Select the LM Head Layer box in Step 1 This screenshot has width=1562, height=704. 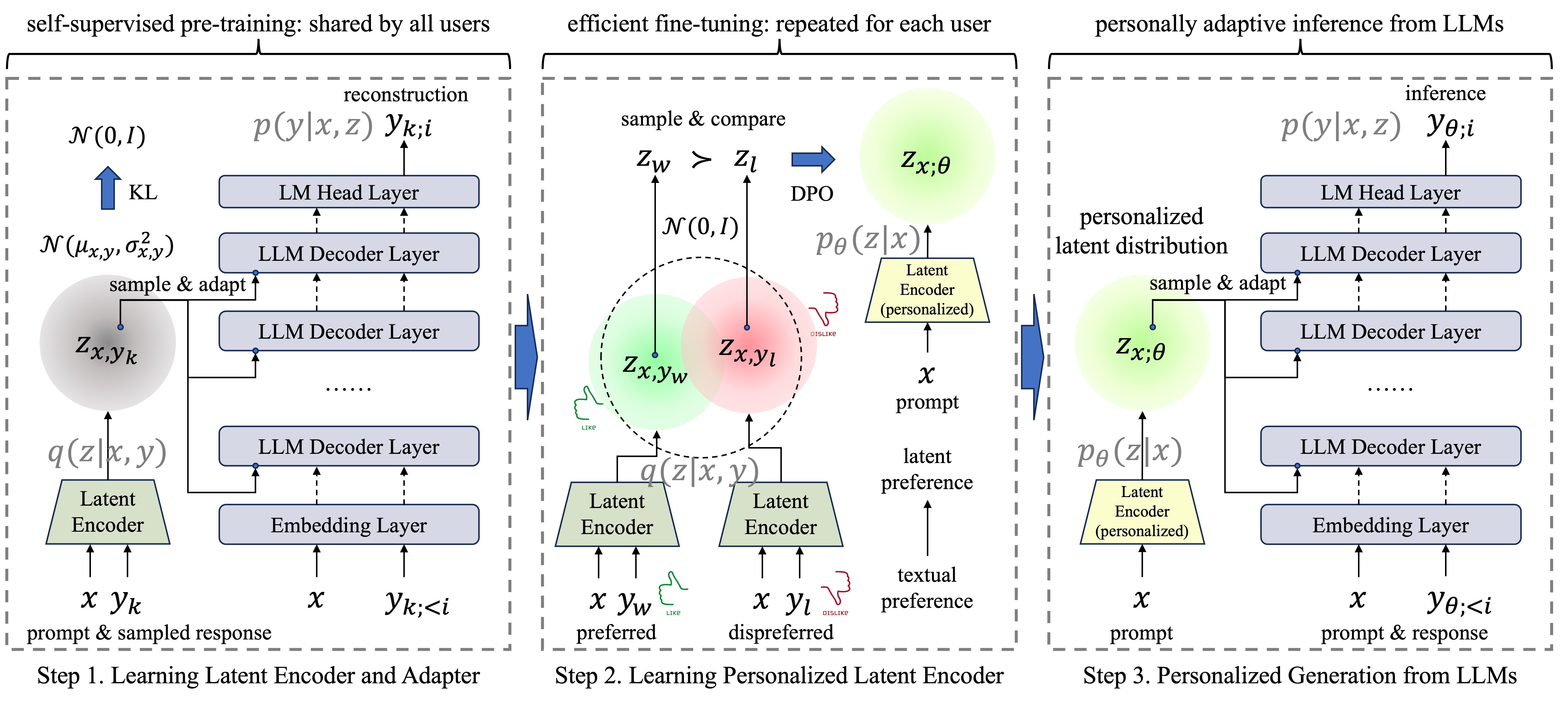pyautogui.click(x=349, y=192)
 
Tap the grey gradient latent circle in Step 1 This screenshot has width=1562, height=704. pyautogui.click(x=108, y=343)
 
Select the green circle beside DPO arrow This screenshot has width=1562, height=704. pyautogui.click(x=927, y=156)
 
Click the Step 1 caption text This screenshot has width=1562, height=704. pyautogui.click(x=258, y=676)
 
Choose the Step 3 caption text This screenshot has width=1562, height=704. pyautogui.click(x=1299, y=676)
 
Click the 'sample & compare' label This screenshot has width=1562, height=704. pyautogui.click(x=703, y=119)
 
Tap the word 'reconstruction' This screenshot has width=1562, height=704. pyautogui.click(x=406, y=95)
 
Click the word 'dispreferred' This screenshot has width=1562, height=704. pyautogui.click(x=780, y=632)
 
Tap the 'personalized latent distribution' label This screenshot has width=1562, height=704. pyautogui.click(x=1141, y=231)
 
